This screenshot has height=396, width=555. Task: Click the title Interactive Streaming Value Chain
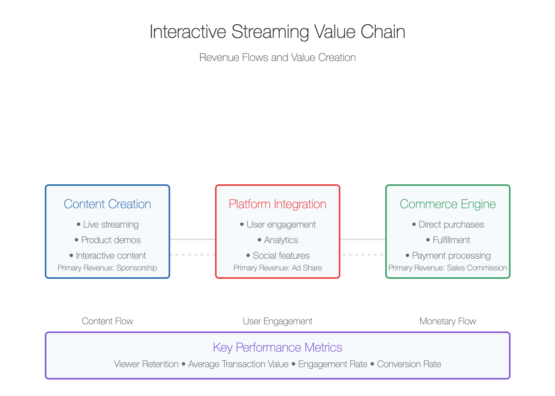coord(277,32)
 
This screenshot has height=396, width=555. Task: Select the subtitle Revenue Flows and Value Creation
coord(277,58)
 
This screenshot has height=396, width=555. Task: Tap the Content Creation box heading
coord(107,204)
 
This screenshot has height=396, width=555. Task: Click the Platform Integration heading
coord(277,204)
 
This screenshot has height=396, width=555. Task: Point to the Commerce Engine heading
coord(448,204)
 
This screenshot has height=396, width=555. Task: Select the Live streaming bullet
coord(108,225)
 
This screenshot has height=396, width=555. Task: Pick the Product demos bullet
coord(108,240)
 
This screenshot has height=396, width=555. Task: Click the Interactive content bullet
coord(108,256)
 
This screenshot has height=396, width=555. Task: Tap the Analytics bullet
coord(278,240)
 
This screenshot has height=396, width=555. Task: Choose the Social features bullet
coord(278,256)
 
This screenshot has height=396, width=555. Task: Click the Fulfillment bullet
coord(448,240)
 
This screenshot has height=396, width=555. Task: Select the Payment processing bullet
coord(448,256)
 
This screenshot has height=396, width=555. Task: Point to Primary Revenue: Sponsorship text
coord(107,268)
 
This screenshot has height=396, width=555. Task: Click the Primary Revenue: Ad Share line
coord(277,268)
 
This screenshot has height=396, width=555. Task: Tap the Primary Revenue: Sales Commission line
coord(448,268)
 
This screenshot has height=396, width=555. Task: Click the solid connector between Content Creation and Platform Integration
coord(192,239)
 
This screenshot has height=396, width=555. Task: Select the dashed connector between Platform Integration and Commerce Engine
coord(363,255)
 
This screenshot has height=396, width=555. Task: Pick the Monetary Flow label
coord(448,321)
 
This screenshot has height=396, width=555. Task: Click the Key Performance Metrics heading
coord(277,347)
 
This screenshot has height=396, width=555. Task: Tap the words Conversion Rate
coord(409,364)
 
